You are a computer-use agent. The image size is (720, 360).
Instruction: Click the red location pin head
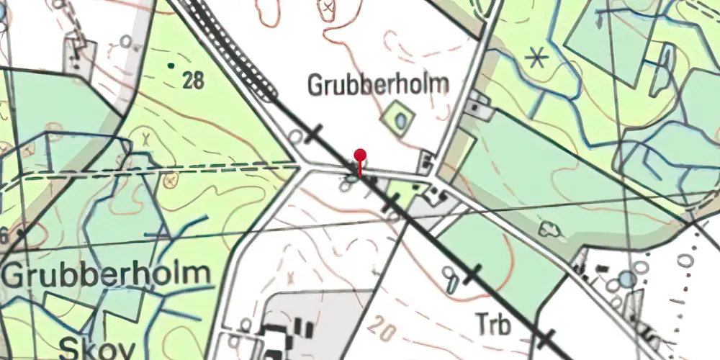tap(360, 156)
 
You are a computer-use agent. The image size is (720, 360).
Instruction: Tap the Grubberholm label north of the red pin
tap(378, 85)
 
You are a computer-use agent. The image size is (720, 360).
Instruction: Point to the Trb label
tap(493, 325)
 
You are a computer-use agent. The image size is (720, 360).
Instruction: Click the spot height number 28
tap(193, 80)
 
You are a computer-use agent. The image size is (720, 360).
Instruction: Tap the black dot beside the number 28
tap(171, 66)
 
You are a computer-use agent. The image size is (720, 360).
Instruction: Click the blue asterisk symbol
tap(536, 57)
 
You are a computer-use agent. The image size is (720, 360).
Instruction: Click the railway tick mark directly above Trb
tap(472, 273)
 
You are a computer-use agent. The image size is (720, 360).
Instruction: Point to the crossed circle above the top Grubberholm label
tap(328, 8)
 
